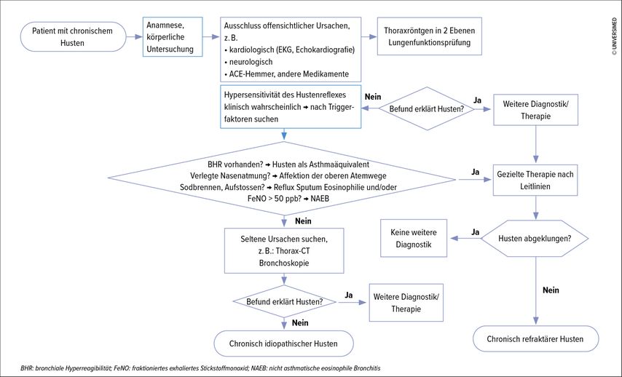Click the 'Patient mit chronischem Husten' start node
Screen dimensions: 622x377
tap(73, 37)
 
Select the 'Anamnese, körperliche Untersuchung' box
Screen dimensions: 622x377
tap(173, 37)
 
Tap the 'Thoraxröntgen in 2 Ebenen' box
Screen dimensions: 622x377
tap(429, 36)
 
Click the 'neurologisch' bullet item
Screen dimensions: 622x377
tap(248, 62)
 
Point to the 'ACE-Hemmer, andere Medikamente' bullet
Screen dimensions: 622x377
tap(286, 74)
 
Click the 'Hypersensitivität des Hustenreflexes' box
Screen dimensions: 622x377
tap(291, 107)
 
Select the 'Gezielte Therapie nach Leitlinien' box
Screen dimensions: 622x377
tap(535, 180)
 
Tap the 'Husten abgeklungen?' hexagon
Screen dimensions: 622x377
tap(535, 238)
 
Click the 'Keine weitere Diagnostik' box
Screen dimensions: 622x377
tap(414, 238)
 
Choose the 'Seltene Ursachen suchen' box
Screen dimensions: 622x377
tap(284, 250)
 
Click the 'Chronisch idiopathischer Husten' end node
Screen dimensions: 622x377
tap(283, 344)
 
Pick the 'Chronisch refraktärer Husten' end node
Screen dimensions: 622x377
tap(535, 339)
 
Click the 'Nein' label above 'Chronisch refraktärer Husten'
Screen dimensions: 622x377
tap(551, 290)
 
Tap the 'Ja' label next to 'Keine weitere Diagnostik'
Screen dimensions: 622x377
tap(475, 232)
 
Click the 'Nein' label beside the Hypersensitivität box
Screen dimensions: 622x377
tap(373, 97)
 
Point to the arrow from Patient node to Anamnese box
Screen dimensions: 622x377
tap(135, 37)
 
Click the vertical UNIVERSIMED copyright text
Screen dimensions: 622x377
tap(614, 36)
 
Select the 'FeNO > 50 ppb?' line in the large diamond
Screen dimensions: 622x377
tap(288, 199)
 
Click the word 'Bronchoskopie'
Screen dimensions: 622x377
tap(284, 263)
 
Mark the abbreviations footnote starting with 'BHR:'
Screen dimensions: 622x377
tap(200, 368)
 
